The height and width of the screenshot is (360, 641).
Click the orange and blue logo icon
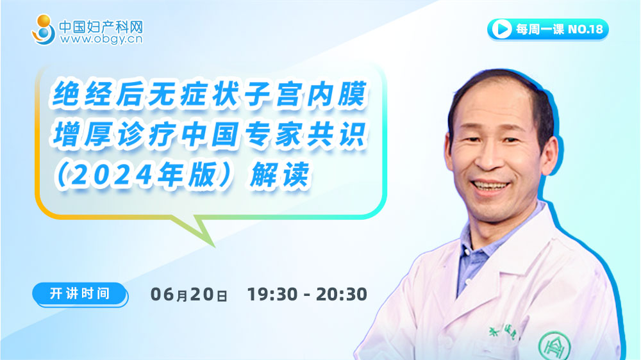[x=44, y=29]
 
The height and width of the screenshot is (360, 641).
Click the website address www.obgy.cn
[x=101, y=39]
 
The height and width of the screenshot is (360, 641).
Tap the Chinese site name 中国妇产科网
[x=101, y=26]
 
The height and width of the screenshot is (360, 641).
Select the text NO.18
[x=585, y=29]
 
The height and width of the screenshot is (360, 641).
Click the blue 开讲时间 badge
[x=80, y=294]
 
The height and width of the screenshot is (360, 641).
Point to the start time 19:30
[x=272, y=294]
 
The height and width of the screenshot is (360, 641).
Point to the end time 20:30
[x=342, y=294]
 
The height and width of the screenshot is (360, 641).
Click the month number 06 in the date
[x=163, y=294]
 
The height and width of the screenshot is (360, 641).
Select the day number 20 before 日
[x=202, y=294]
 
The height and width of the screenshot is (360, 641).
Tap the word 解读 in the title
[x=279, y=176]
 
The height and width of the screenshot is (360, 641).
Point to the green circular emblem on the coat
[x=554, y=346]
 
